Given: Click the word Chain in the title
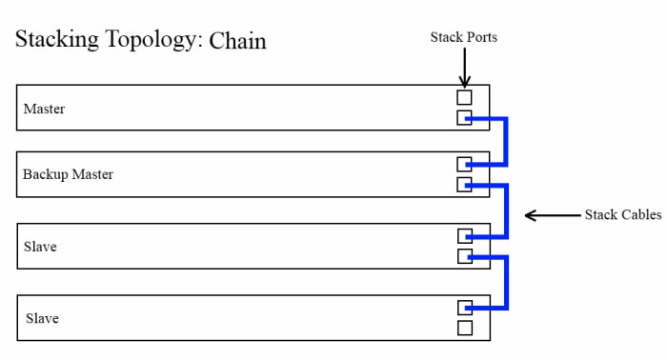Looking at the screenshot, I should click(237, 41).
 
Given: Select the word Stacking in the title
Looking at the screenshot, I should click(53, 42).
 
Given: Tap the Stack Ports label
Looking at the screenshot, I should click(464, 37).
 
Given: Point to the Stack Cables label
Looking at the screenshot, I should click(622, 215).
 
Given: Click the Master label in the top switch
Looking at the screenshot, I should click(44, 109).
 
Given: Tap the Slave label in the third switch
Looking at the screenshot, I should click(41, 247).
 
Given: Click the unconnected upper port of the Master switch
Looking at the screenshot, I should click(464, 97).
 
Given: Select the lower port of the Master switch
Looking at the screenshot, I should click(464, 118).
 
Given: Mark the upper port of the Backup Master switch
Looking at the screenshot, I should click(464, 164).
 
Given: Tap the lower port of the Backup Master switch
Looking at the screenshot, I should click(464, 185).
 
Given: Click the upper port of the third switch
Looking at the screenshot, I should click(464, 235).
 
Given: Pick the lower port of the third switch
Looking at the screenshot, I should click(464, 256).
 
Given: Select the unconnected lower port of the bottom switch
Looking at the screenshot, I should click(464, 328).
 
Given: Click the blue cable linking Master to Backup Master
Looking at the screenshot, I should click(506, 141).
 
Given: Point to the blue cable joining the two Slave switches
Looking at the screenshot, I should click(506, 282).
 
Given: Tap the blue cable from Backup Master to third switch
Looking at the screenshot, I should click(506, 210).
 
